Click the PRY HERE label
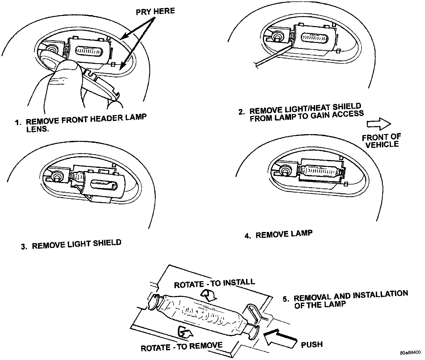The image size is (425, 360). coord(155,11)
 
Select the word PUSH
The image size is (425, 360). coord(312,344)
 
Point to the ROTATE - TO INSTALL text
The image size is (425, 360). coord(214,283)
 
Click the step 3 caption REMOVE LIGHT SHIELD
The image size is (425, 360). coord(76,244)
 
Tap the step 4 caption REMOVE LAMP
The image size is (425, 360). coord(284,234)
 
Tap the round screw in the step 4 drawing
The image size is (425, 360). coord(285,170)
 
